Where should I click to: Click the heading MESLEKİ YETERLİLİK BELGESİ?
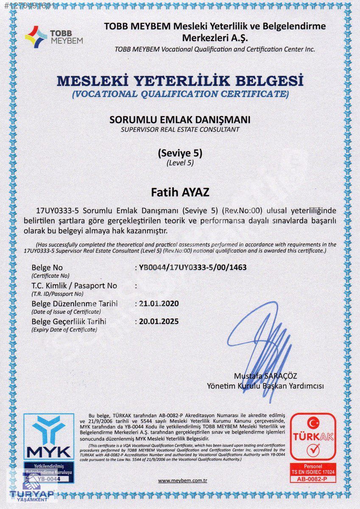tap(180, 80)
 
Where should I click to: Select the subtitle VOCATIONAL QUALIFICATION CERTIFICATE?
tap(180, 94)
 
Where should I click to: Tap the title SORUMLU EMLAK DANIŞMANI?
tap(180, 120)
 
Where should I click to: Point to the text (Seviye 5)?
tap(180, 153)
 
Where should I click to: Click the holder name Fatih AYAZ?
tap(180, 192)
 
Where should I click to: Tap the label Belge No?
tap(47, 268)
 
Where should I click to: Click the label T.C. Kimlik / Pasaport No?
tap(74, 285)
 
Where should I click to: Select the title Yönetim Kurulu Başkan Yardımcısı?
tap(265, 386)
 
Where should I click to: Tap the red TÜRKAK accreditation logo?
tap(313, 437)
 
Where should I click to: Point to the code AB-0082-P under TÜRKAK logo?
tap(313, 478)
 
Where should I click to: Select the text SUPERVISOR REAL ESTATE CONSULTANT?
tap(180, 129)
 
